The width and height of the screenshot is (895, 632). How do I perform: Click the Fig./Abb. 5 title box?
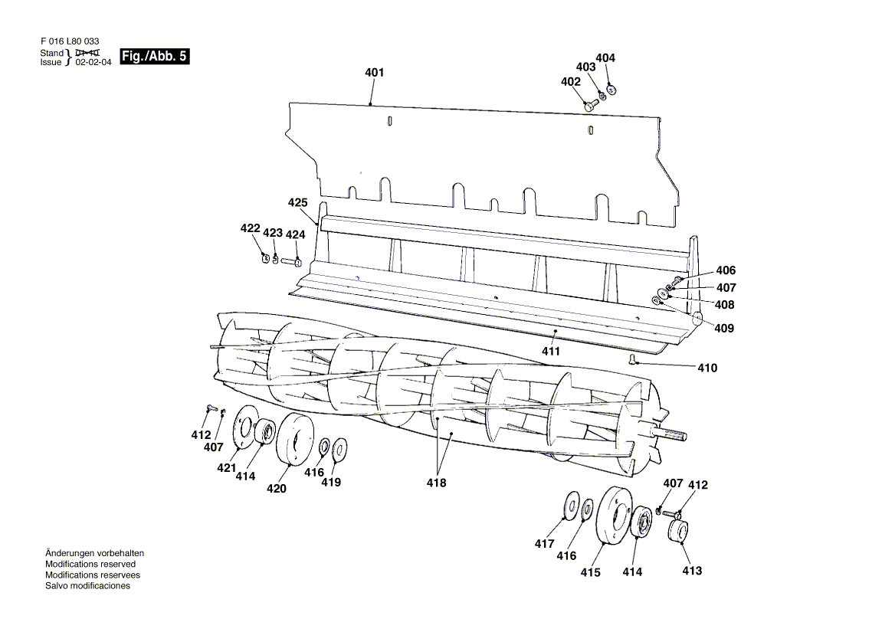(x=154, y=57)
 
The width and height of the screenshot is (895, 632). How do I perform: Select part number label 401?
(x=375, y=73)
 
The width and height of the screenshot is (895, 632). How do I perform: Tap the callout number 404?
(x=605, y=57)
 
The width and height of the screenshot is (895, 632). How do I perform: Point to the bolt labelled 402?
(x=591, y=104)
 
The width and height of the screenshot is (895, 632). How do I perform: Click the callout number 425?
(x=297, y=202)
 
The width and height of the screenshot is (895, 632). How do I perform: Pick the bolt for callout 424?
(x=291, y=262)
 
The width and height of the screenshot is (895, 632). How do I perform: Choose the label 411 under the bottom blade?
(x=551, y=352)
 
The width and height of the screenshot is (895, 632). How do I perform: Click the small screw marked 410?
(x=632, y=359)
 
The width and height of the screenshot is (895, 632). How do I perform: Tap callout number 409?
(x=724, y=328)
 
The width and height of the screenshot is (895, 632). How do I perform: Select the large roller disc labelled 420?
(x=294, y=439)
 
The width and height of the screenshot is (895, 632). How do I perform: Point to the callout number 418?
(x=436, y=483)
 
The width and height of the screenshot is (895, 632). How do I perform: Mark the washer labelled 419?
(x=340, y=449)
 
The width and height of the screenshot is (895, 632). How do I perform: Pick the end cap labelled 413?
(x=678, y=531)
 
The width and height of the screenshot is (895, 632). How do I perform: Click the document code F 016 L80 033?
(x=70, y=41)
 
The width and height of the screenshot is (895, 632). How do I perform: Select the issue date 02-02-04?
(x=93, y=62)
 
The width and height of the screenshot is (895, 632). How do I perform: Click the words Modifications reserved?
(x=90, y=564)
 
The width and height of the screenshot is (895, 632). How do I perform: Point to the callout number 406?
(x=726, y=270)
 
